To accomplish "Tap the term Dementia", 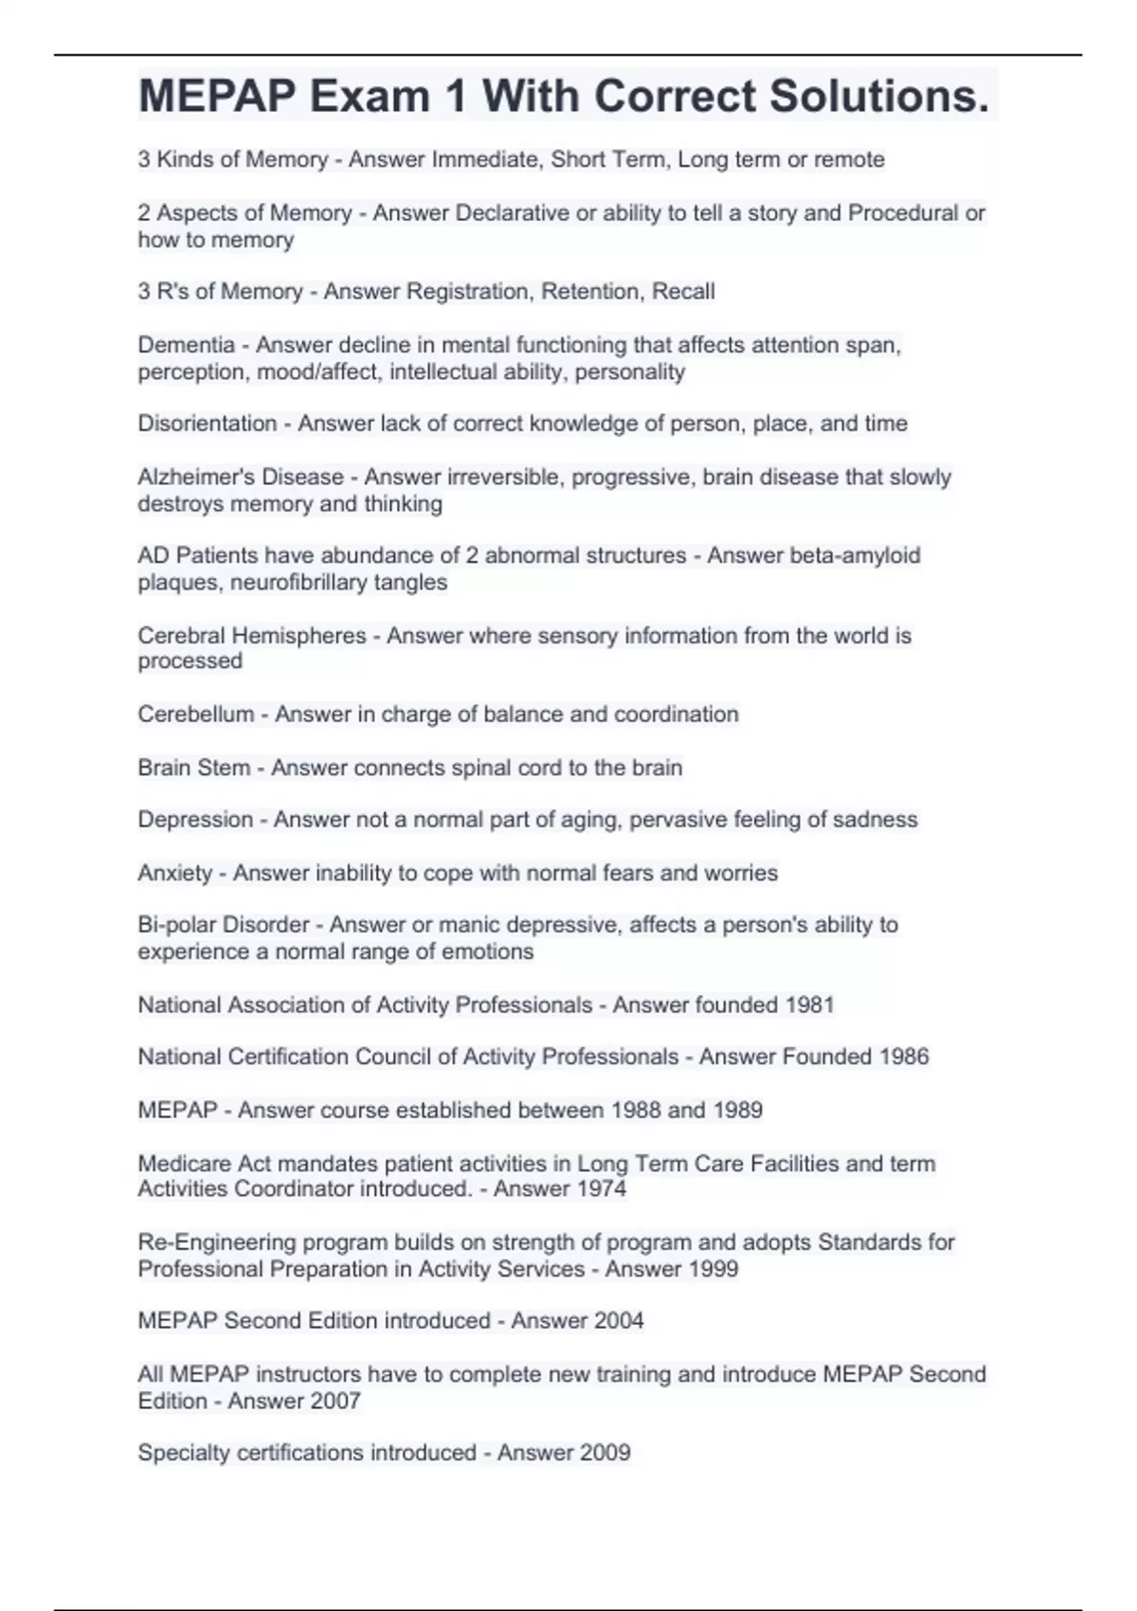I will pyautogui.click(x=186, y=345).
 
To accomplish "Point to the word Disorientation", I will pyautogui.click(x=208, y=424).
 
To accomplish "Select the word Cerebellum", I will pyautogui.click(x=196, y=715).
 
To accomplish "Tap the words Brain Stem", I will pyautogui.click(x=193, y=768).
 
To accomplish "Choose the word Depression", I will pyautogui.click(x=195, y=820).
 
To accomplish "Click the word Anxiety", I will pyautogui.click(x=175, y=873).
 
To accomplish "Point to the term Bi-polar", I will pyautogui.click(x=176, y=925).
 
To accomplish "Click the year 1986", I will pyautogui.click(x=903, y=1057).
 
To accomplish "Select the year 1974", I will pyautogui.click(x=600, y=1189).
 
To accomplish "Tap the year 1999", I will pyautogui.click(x=712, y=1269).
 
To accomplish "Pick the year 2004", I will pyautogui.click(x=617, y=1321).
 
